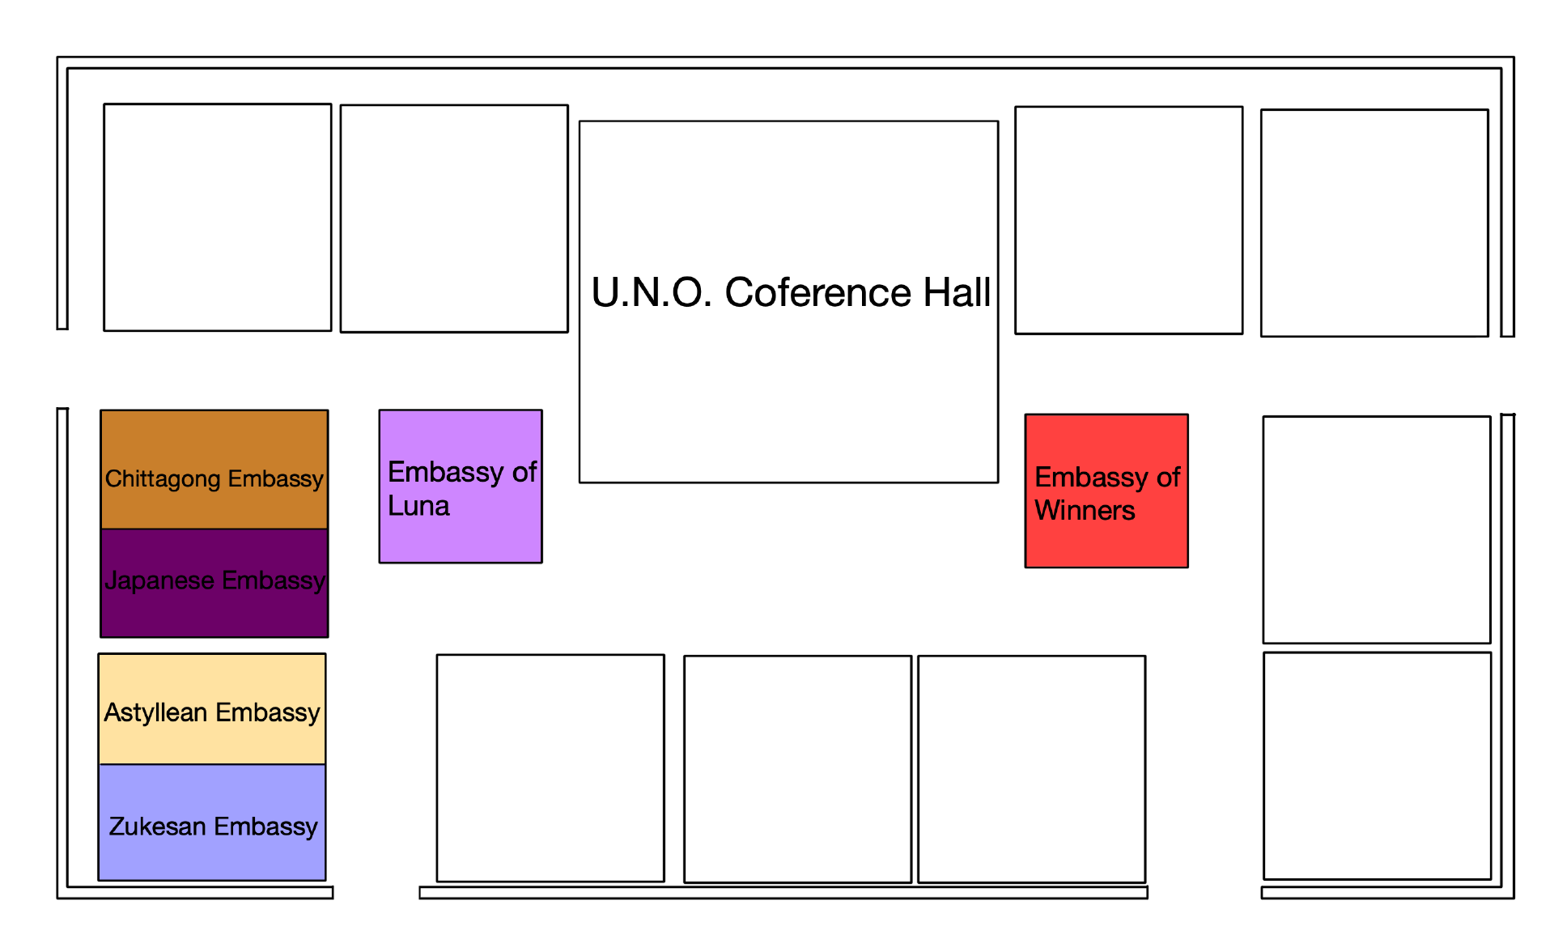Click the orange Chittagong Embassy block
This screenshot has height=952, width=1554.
[x=214, y=470]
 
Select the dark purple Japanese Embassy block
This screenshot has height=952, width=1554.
[x=214, y=583]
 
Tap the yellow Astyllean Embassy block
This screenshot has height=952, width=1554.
[x=212, y=709]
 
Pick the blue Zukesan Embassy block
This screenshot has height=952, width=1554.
[x=212, y=822]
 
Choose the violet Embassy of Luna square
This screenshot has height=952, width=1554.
[x=461, y=487]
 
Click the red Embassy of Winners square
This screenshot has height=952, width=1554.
[x=1106, y=491]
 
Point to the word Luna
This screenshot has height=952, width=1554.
[x=418, y=506]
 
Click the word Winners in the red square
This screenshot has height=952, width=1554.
[x=1085, y=511]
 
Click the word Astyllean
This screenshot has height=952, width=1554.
[x=155, y=712]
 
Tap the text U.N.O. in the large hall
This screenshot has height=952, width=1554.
[x=652, y=292]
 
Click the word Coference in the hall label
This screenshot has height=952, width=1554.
[x=817, y=292]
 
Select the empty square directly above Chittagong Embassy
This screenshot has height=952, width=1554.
[x=218, y=217]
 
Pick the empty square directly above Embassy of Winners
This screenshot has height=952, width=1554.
[x=1129, y=220]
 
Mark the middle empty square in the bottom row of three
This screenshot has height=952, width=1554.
[x=798, y=769]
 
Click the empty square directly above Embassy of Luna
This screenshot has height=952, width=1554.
[x=454, y=219]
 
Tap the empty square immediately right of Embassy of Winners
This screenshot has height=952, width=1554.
[x=1377, y=530]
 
